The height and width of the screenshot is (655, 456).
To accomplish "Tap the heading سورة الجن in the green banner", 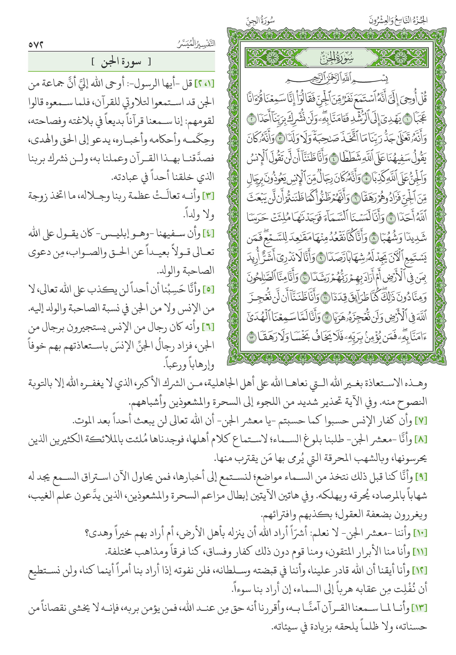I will pyautogui.click(x=121, y=62).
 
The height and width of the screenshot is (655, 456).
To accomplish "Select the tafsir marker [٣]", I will pyautogui.click(x=208, y=196).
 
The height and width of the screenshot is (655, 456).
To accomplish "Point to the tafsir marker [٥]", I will pyautogui.click(x=208, y=290).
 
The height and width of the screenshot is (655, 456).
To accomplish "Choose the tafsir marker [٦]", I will pyautogui.click(x=208, y=327).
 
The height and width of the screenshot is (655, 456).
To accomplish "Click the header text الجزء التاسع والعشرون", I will pyautogui.click(x=398, y=21).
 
